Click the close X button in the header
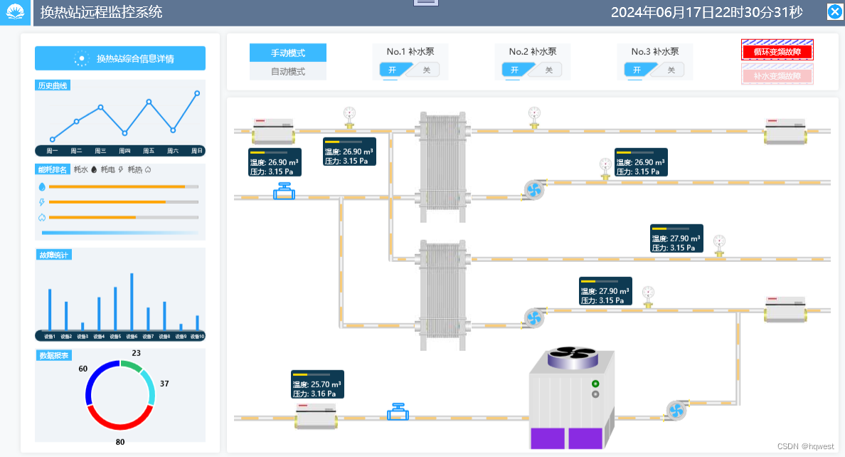834,11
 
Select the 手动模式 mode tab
287,53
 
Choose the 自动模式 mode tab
287,71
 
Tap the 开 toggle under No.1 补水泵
393,70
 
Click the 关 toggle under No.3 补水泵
671,70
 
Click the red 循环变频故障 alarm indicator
777,51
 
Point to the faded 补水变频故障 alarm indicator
777,75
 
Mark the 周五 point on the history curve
149,102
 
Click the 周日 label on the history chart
197,151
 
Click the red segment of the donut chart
119,420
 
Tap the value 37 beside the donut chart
164,384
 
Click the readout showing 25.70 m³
317,384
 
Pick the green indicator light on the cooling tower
595,384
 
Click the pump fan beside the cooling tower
676,410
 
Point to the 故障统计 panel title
54,255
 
